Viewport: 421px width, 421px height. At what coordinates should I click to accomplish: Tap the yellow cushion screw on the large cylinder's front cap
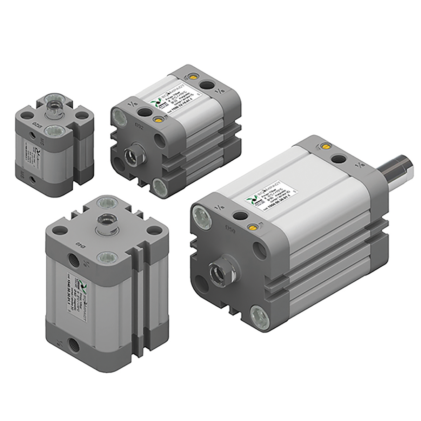pyautogui.click(x=252, y=226)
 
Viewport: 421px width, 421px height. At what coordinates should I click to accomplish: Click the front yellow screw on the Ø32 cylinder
pyautogui.click(x=159, y=120)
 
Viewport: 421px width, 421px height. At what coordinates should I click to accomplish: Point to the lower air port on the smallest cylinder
pyautogui.click(x=33, y=180)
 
